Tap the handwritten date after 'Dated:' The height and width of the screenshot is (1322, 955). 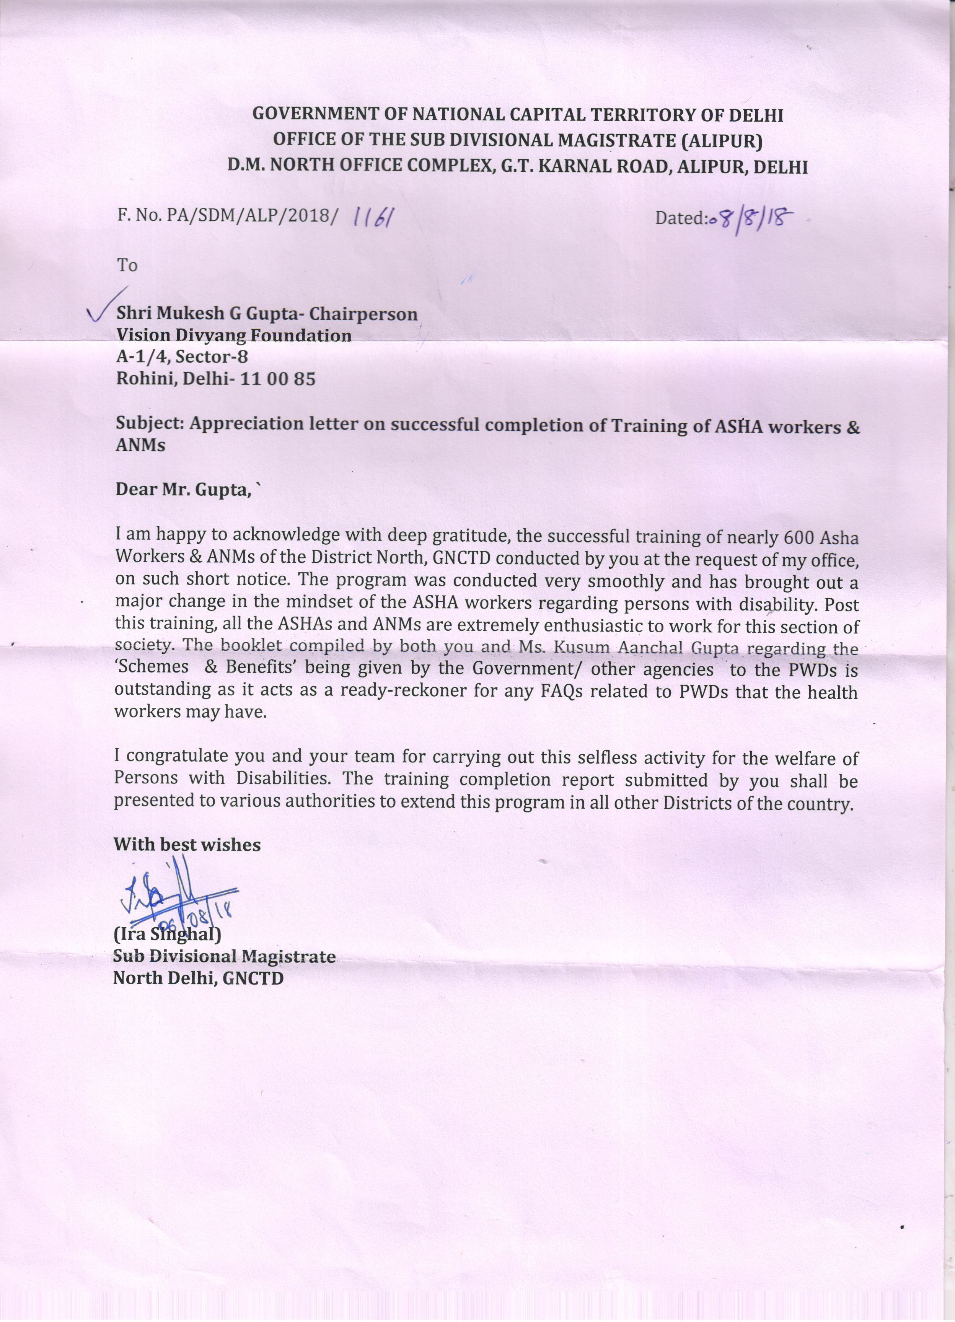point(750,220)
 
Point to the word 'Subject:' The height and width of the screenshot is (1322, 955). point(150,423)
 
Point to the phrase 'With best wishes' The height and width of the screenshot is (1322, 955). point(187,845)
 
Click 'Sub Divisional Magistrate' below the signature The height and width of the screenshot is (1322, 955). point(224,957)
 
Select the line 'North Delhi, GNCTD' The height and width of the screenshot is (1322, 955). point(198,978)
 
